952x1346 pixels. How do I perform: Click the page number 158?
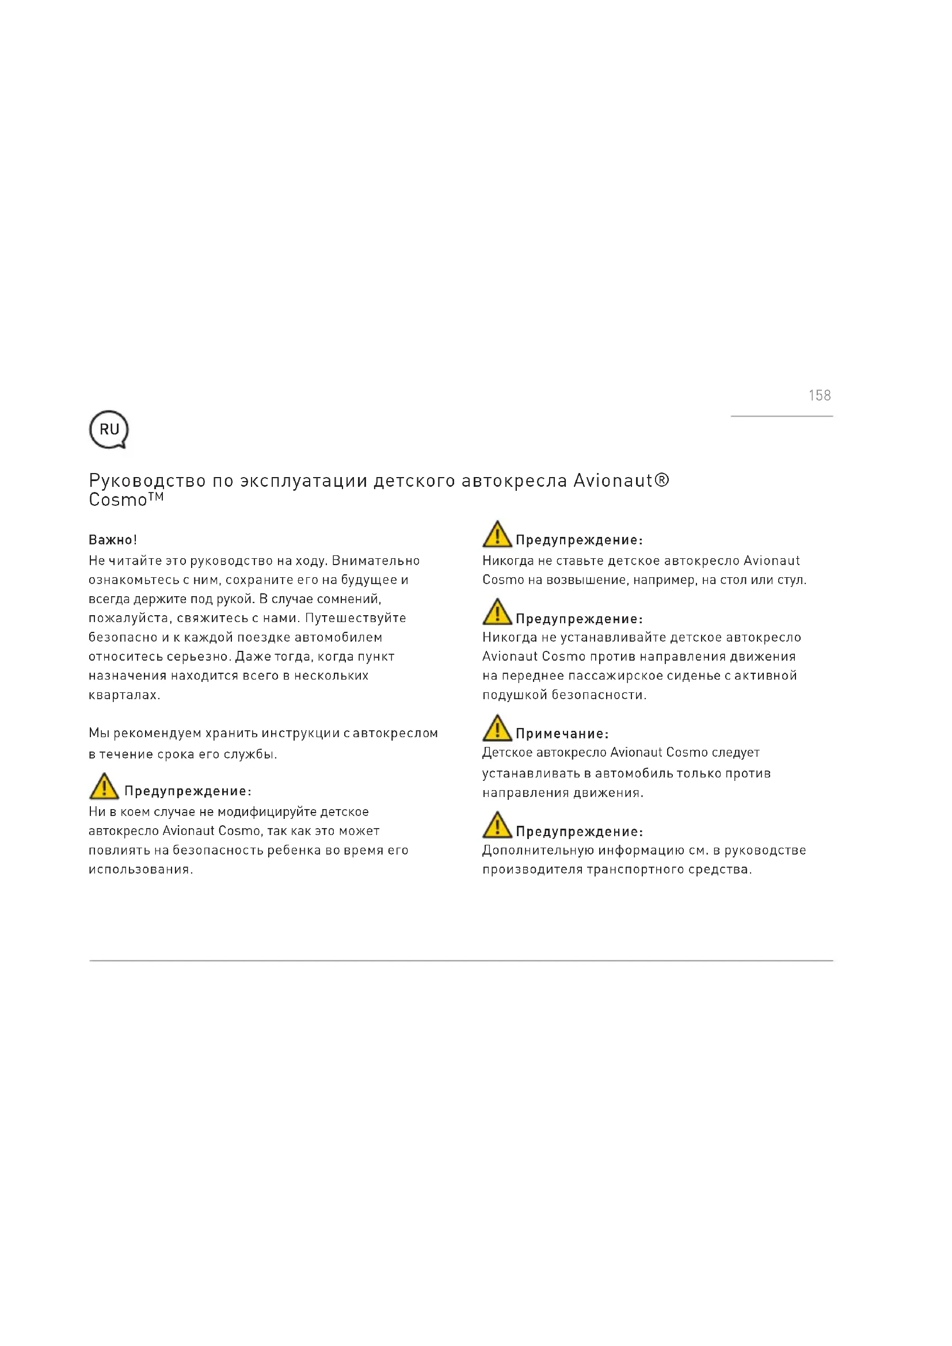(819, 396)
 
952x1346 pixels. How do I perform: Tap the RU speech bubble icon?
(108, 430)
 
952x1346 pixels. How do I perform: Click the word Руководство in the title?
(147, 481)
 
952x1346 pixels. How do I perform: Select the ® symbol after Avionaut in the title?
(661, 480)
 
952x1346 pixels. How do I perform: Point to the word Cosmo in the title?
(117, 500)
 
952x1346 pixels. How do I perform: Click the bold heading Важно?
(113, 540)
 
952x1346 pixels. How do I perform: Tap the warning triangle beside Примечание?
(497, 728)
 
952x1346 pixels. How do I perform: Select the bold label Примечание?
(562, 734)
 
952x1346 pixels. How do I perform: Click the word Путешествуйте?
(355, 618)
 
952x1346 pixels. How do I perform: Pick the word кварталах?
(124, 695)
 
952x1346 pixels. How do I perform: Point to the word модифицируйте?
(266, 812)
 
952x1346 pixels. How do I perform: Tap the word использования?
(140, 870)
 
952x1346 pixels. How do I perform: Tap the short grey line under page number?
(782, 416)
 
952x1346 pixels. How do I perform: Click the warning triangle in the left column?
(104, 786)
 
